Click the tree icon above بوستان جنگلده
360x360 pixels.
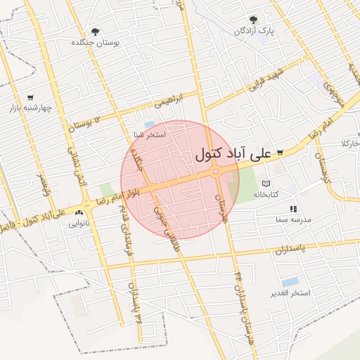(95, 32)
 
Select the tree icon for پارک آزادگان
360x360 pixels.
(253, 20)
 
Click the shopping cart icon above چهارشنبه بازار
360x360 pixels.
(30, 97)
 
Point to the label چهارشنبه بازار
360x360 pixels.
(31, 108)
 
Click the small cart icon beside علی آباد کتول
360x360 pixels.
(280, 153)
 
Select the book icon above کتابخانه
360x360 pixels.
(266, 184)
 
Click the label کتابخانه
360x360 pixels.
(266, 194)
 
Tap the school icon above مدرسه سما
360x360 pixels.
(293, 209)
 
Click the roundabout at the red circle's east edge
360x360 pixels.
(216, 172)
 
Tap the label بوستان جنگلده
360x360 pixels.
(96, 43)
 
